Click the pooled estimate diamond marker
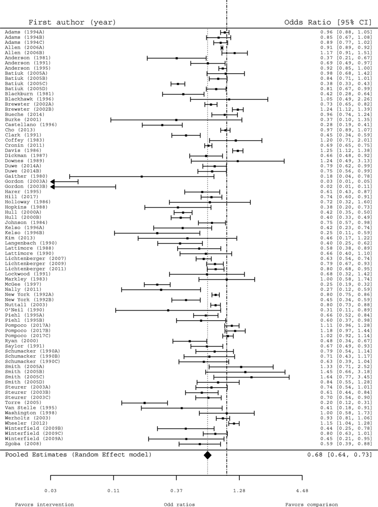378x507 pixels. (x=208, y=455)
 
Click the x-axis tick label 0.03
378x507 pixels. (x=51, y=491)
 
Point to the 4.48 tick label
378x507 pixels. (x=302, y=491)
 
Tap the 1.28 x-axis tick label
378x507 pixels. (x=239, y=491)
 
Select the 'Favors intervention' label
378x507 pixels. (x=44, y=504)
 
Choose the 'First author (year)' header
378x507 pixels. (x=72, y=22)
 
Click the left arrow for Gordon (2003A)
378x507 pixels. (x=53, y=182)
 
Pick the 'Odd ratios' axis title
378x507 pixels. (x=180, y=504)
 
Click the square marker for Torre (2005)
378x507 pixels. (x=144, y=403)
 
